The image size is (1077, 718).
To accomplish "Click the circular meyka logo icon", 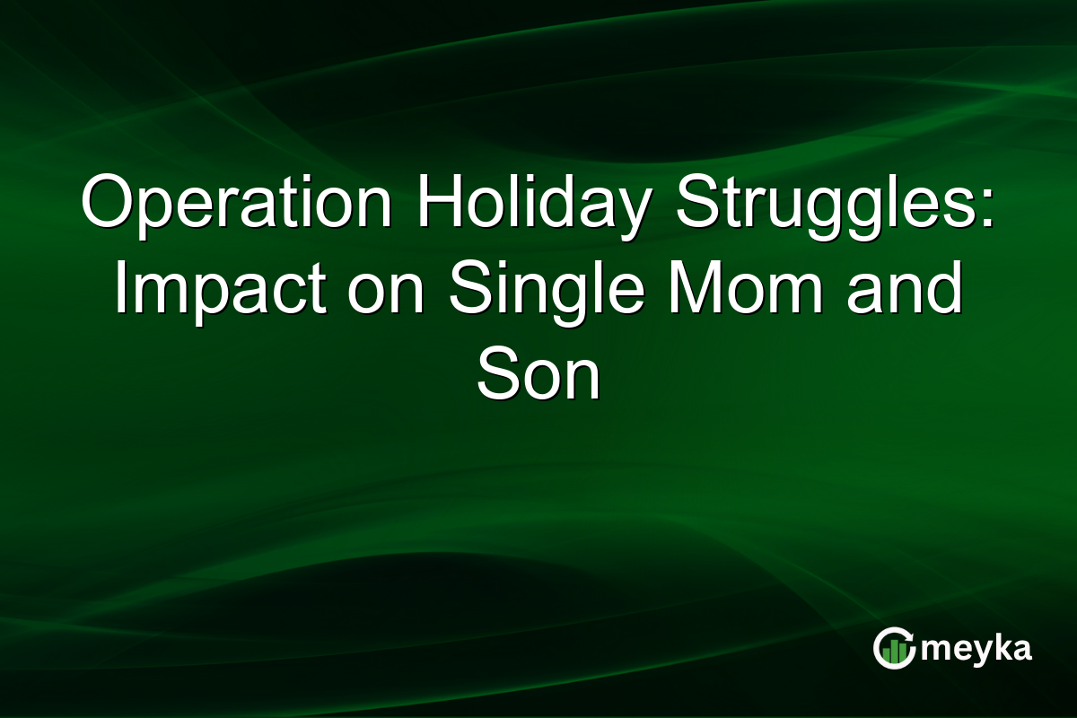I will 894,649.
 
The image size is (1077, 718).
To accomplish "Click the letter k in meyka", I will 1002,648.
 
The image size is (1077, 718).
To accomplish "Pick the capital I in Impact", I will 119,289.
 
